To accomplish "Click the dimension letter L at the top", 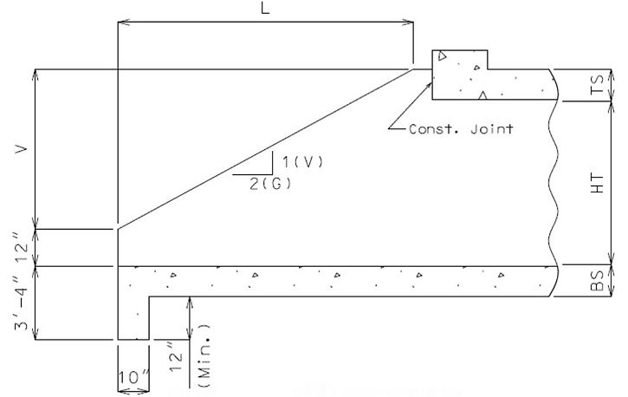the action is (x=265, y=8).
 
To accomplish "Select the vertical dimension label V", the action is (x=22, y=149).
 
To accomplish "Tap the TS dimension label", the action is (x=597, y=85).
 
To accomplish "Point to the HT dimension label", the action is (x=597, y=184).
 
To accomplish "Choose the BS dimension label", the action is (x=597, y=281).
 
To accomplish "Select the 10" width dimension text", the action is (x=134, y=377).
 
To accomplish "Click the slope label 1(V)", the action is (x=302, y=162).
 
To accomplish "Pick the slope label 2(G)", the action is (x=271, y=184).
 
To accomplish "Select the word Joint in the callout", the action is (x=492, y=129).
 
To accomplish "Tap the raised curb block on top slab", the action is (x=460, y=60).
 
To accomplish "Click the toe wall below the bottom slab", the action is (x=133, y=318).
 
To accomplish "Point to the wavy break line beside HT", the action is (x=553, y=183).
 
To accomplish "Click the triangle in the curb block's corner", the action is (x=442, y=55).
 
